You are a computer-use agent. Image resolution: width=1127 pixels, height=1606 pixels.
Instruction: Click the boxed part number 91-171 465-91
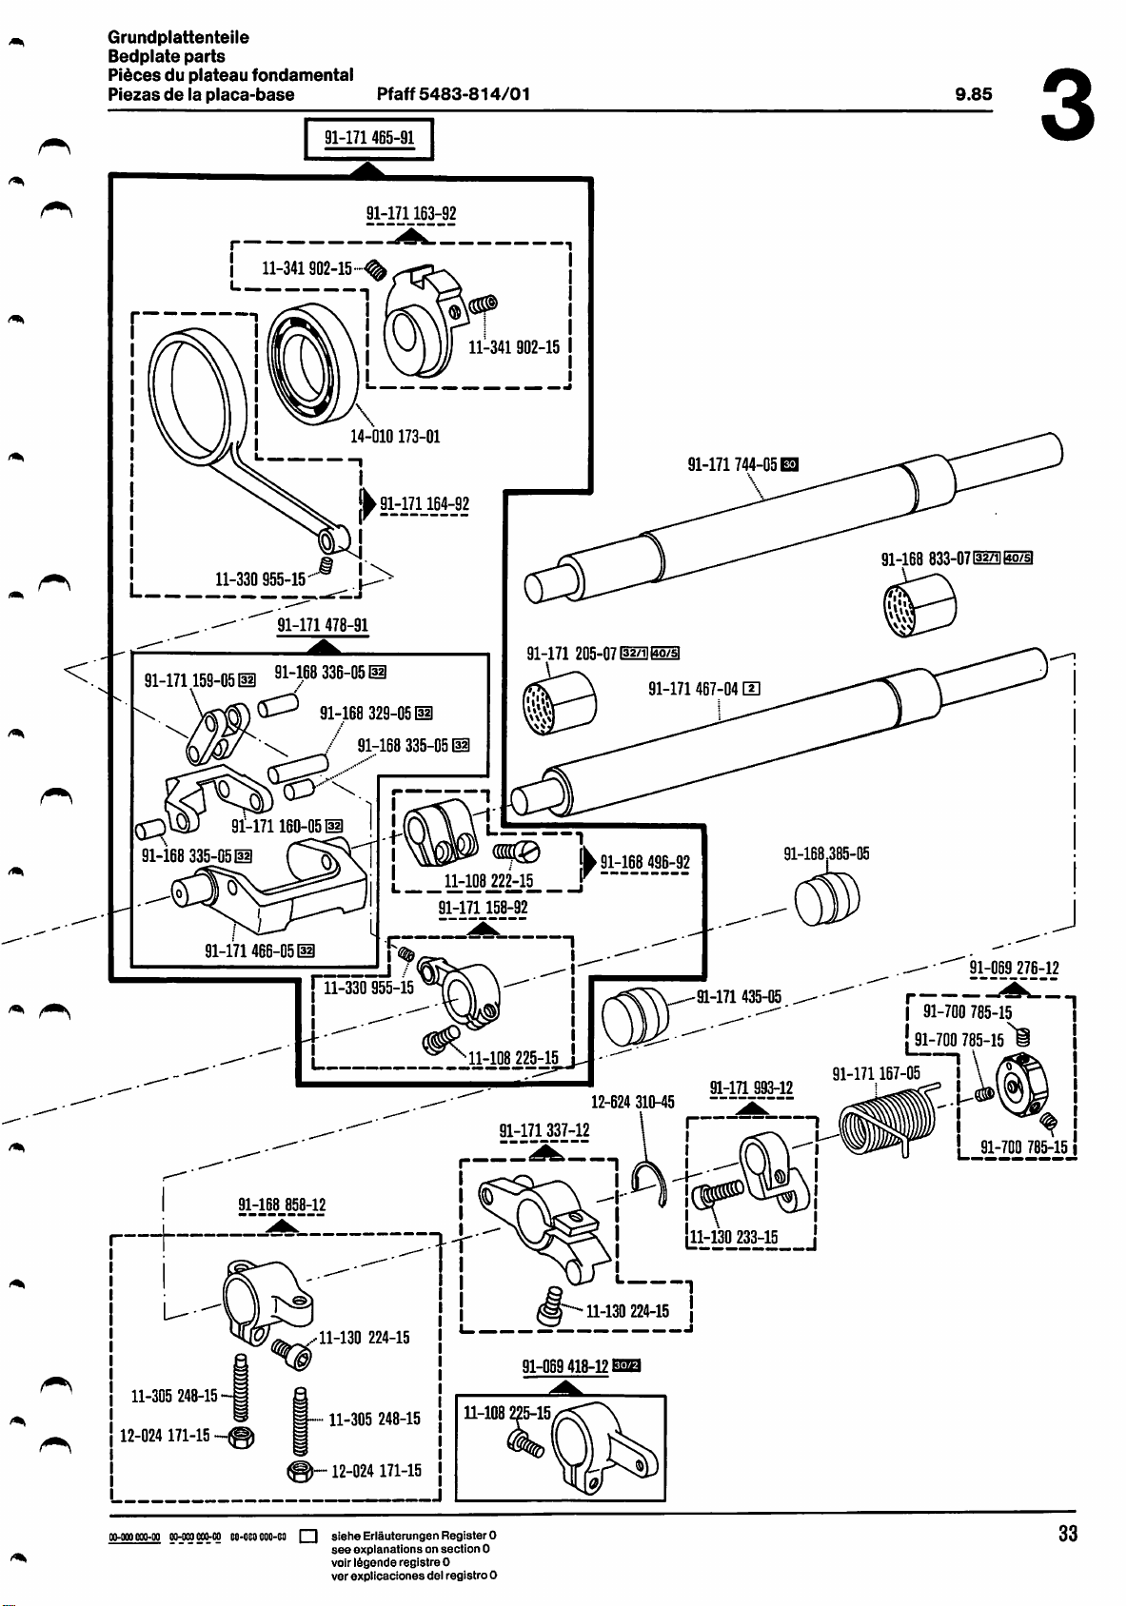pos(368,137)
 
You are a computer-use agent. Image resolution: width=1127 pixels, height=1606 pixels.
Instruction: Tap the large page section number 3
pos(1070,106)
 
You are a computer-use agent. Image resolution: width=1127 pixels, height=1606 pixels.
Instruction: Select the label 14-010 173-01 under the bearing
pos(395,437)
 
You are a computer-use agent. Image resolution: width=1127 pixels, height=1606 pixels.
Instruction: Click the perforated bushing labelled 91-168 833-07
pos(919,606)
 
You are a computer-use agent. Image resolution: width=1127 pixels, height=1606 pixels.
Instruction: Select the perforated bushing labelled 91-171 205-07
pos(560,704)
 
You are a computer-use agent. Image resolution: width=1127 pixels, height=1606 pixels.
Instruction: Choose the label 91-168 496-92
pos(644,863)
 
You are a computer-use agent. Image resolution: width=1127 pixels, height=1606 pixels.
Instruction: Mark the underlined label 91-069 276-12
pos(1014,969)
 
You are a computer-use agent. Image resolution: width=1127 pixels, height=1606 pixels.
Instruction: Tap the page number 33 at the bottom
pos(1067,1534)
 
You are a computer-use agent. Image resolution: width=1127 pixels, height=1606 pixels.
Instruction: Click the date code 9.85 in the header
pos(973,94)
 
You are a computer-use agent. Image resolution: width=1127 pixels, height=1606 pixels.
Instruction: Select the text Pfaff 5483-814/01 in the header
pos(453,94)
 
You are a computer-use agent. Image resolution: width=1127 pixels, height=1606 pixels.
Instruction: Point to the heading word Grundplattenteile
pos(178,37)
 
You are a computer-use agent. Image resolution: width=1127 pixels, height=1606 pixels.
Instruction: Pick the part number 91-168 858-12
pos(281,1206)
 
